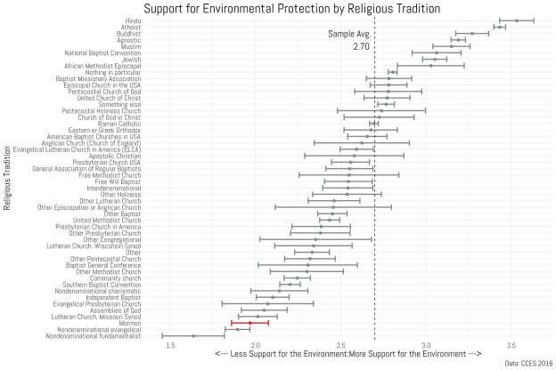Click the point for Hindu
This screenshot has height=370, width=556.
(517, 20)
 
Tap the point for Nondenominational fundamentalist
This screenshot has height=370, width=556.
(193, 336)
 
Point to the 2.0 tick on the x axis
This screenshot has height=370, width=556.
(255, 344)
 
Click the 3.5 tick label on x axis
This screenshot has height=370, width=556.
(511, 344)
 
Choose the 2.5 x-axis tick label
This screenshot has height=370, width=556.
(340, 344)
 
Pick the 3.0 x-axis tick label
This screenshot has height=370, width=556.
(426, 344)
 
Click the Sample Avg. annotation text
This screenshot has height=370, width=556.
(348, 34)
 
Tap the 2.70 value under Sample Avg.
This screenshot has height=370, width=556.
(361, 46)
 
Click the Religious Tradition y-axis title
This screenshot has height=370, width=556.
(7, 178)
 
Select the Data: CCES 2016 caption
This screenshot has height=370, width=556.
(527, 363)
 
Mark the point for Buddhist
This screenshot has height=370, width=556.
(472, 34)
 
